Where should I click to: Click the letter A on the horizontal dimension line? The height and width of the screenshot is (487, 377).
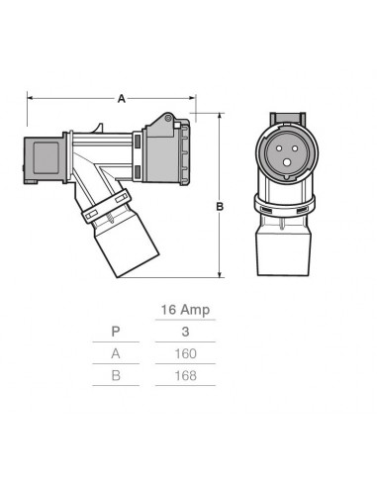point(122,99)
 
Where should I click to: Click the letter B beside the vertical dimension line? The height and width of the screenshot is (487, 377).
point(220,207)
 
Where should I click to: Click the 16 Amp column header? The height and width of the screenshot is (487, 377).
point(185,310)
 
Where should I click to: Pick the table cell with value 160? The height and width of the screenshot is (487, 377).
point(185,353)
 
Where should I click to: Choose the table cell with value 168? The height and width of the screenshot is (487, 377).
point(185,375)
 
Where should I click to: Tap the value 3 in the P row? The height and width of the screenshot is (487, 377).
point(185,332)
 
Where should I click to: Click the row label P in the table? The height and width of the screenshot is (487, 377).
point(118,332)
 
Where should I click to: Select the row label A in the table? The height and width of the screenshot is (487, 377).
point(118,353)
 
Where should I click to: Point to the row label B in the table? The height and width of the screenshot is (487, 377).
point(118,375)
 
